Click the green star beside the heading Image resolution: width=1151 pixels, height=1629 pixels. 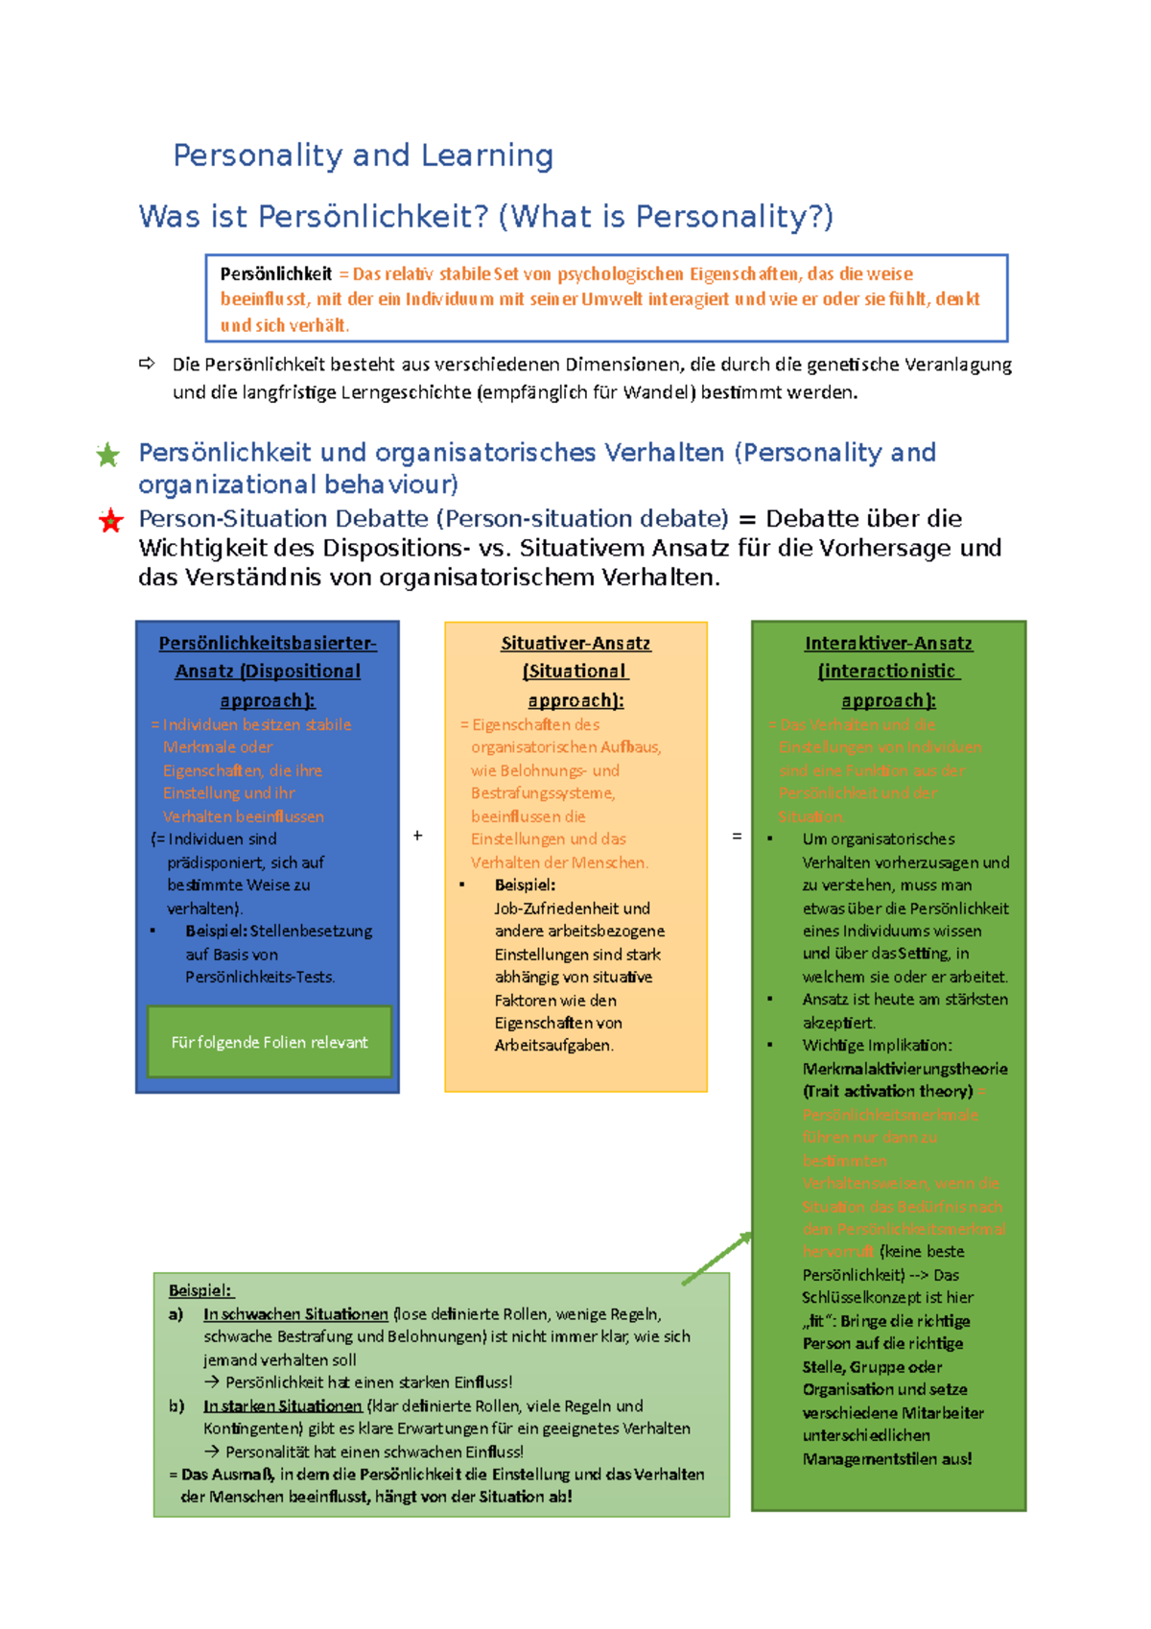(x=107, y=455)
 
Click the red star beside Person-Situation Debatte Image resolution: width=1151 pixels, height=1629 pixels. (x=111, y=521)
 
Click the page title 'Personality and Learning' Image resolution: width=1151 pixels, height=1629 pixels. (x=363, y=155)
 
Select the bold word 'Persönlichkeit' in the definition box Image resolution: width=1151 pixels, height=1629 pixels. (x=276, y=274)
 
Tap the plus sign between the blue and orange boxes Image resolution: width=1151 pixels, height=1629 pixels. (x=418, y=836)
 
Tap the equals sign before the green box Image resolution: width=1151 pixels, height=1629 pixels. (x=737, y=836)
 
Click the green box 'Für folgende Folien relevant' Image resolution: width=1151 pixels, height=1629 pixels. (x=270, y=1042)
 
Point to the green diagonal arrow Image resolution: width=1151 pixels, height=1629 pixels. (x=717, y=1258)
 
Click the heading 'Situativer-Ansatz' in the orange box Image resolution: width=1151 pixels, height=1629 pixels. (x=575, y=644)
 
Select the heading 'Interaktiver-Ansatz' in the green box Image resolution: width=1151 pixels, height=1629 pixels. (x=888, y=644)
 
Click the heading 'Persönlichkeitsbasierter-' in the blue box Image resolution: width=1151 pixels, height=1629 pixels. (x=268, y=644)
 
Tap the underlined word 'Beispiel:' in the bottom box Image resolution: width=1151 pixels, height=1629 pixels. (x=200, y=1290)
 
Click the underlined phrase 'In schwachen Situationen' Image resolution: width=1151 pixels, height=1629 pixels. (x=295, y=1314)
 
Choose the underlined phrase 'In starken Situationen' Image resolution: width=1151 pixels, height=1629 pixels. (x=282, y=1405)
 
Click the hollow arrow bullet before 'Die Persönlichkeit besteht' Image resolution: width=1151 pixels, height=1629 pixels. (x=147, y=364)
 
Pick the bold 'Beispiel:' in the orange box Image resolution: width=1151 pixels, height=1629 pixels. (x=525, y=885)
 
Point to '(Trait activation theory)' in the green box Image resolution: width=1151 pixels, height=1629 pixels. (x=887, y=1091)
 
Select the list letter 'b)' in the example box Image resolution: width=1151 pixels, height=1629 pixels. (x=176, y=1405)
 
